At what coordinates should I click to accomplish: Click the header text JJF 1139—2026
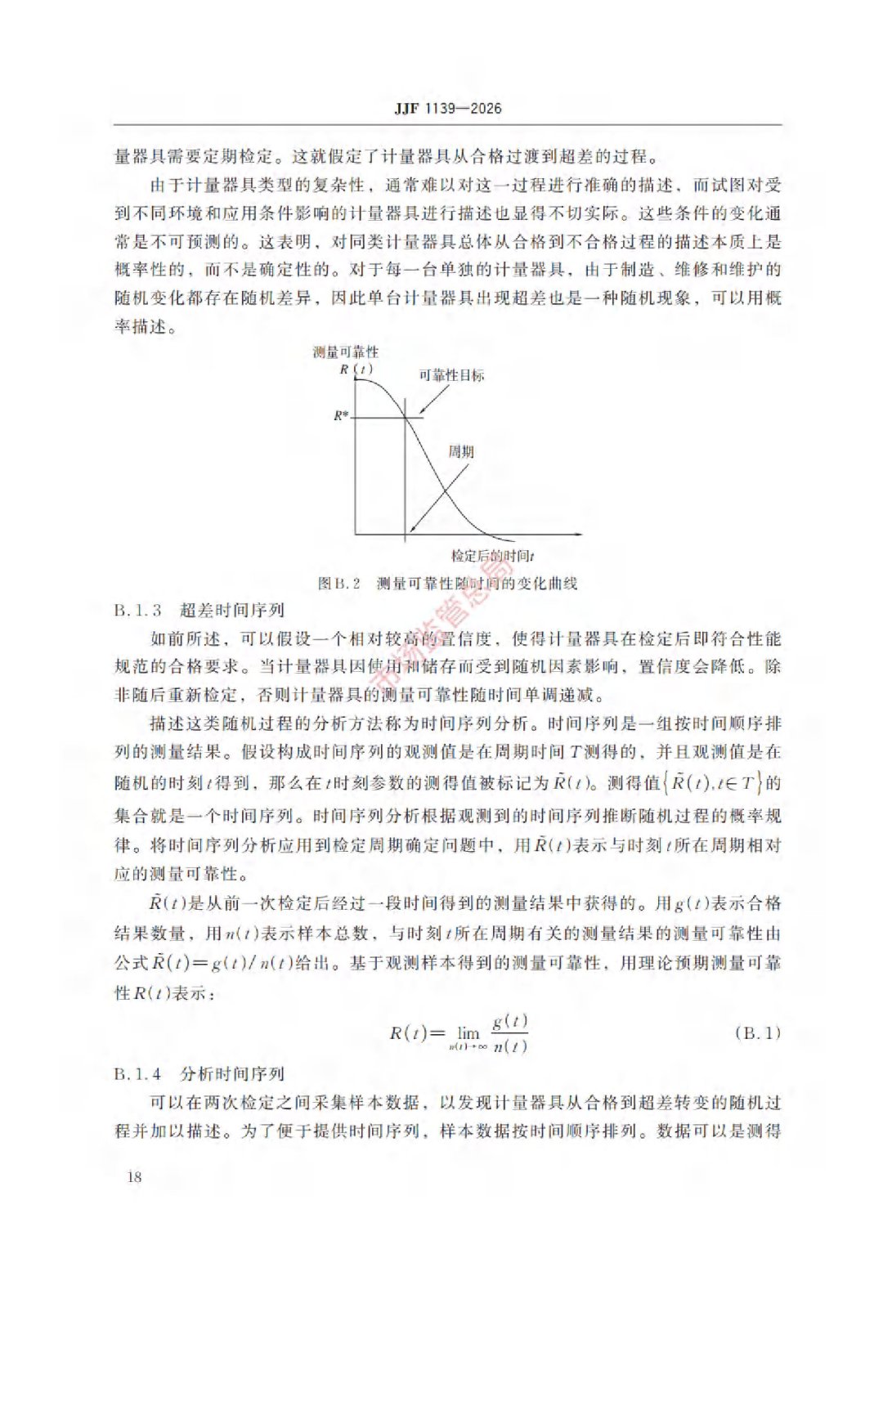pyautogui.click(x=447, y=108)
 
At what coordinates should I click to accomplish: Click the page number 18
pyautogui.click(x=134, y=1176)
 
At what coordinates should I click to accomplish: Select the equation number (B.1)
pyautogui.click(x=757, y=1032)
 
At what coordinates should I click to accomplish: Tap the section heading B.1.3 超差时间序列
pyautogui.click(x=199, y=610)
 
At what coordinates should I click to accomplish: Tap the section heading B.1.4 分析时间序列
pyautogui.click(x=199, y=1073)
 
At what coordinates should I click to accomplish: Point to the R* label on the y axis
pyautogui.click(x=341, y=415)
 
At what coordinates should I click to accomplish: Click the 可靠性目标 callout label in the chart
pyautogui.click(x=451, y=375)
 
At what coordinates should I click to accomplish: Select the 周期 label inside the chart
pyautogui.click(x=461, y=451)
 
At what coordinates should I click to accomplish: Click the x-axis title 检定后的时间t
pyautogui.click(x=492, y=556)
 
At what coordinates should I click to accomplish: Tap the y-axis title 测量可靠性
pyautogui.click(x=346, y=352)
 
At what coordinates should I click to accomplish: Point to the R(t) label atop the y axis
pyautogui.click(x=356, y=369)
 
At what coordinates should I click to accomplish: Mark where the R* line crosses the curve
pyautogui.click(x=406, y=419)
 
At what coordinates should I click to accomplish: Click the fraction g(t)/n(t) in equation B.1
pyautogui.click(x=509, y=1033)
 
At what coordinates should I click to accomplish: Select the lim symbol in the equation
pyautogui.click(x=468, y=1033)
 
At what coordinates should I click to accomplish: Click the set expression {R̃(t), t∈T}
pyautogui.click(x=713, y=782)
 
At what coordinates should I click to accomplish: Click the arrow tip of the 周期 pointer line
pyautogui.click(x=410, y=531)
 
